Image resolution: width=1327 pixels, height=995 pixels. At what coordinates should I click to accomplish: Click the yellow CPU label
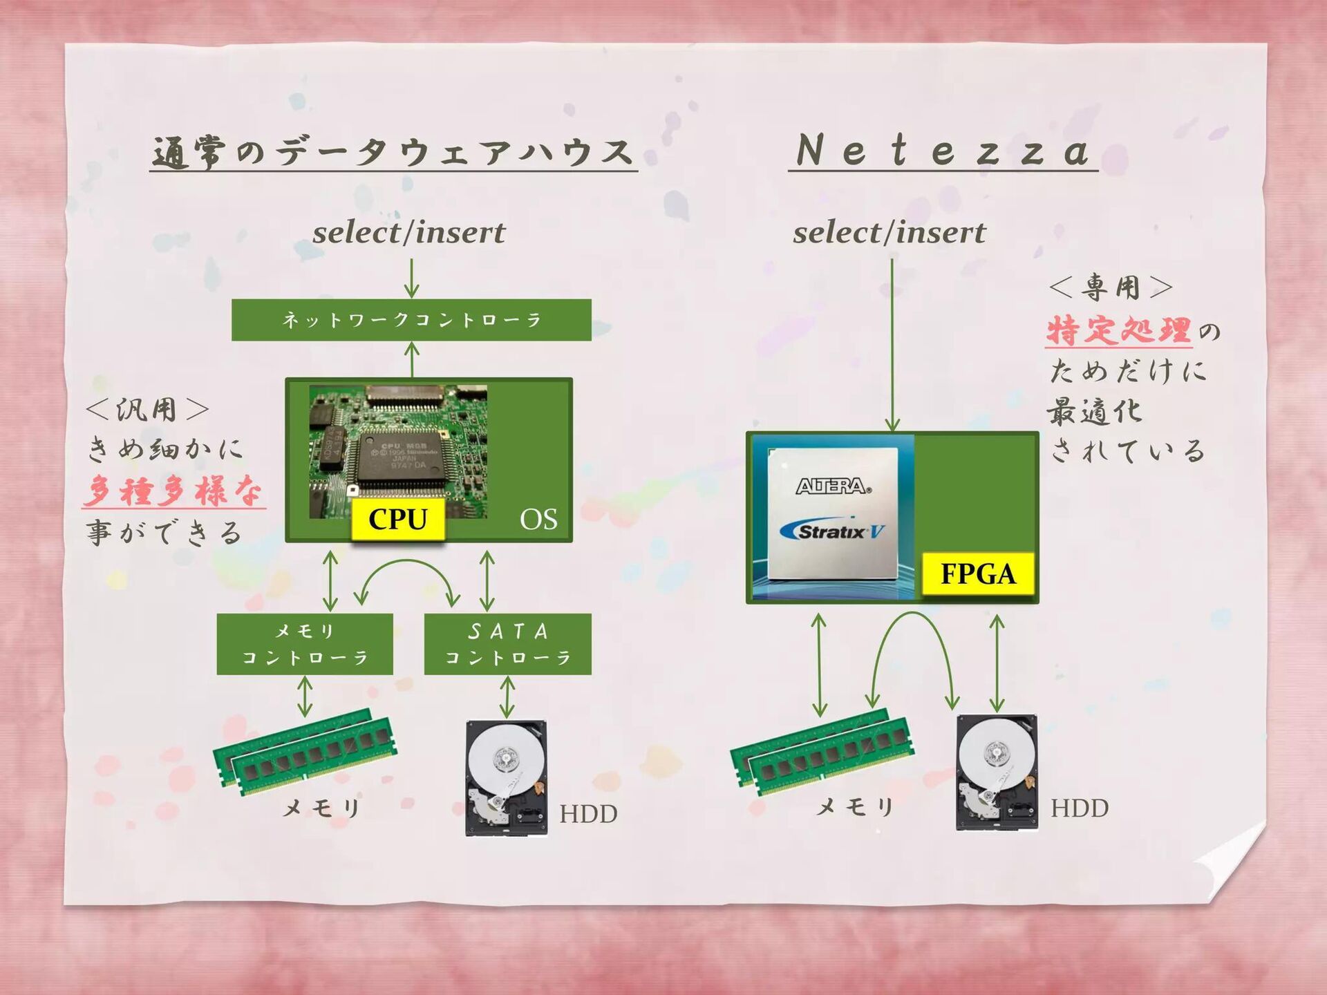coord(397,519)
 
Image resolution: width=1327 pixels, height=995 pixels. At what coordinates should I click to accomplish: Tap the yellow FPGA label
coord(977,574)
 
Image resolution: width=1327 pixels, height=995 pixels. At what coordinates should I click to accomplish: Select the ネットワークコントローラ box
coord(411,319)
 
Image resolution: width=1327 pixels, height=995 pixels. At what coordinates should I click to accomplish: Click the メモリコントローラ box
coord(305,643)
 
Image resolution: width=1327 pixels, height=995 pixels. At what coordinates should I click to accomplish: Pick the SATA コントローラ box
coord(507,643)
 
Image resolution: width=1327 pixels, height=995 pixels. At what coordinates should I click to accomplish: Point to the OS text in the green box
coord(538,520)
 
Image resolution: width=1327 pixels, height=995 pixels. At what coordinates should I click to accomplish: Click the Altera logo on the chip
coord(833,486)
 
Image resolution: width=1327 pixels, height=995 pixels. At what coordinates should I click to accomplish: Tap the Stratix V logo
coord(832,531)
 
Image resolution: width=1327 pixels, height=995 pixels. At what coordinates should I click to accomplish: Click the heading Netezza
coord(943,151)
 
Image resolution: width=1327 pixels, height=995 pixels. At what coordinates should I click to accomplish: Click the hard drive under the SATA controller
coord(507,777)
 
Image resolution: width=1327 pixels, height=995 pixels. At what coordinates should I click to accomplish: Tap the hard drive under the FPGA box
coord(997,772)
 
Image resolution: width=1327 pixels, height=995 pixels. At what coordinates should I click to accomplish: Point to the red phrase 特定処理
coord(1118,330)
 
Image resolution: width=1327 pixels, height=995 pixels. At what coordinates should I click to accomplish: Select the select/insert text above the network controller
coord(408,233)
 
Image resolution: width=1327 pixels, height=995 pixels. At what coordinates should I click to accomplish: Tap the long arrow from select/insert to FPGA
coord(892,345)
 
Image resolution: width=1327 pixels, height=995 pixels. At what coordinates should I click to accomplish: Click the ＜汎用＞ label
coord(147,410)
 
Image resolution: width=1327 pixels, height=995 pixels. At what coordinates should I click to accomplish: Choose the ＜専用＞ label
coord(1111,287)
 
